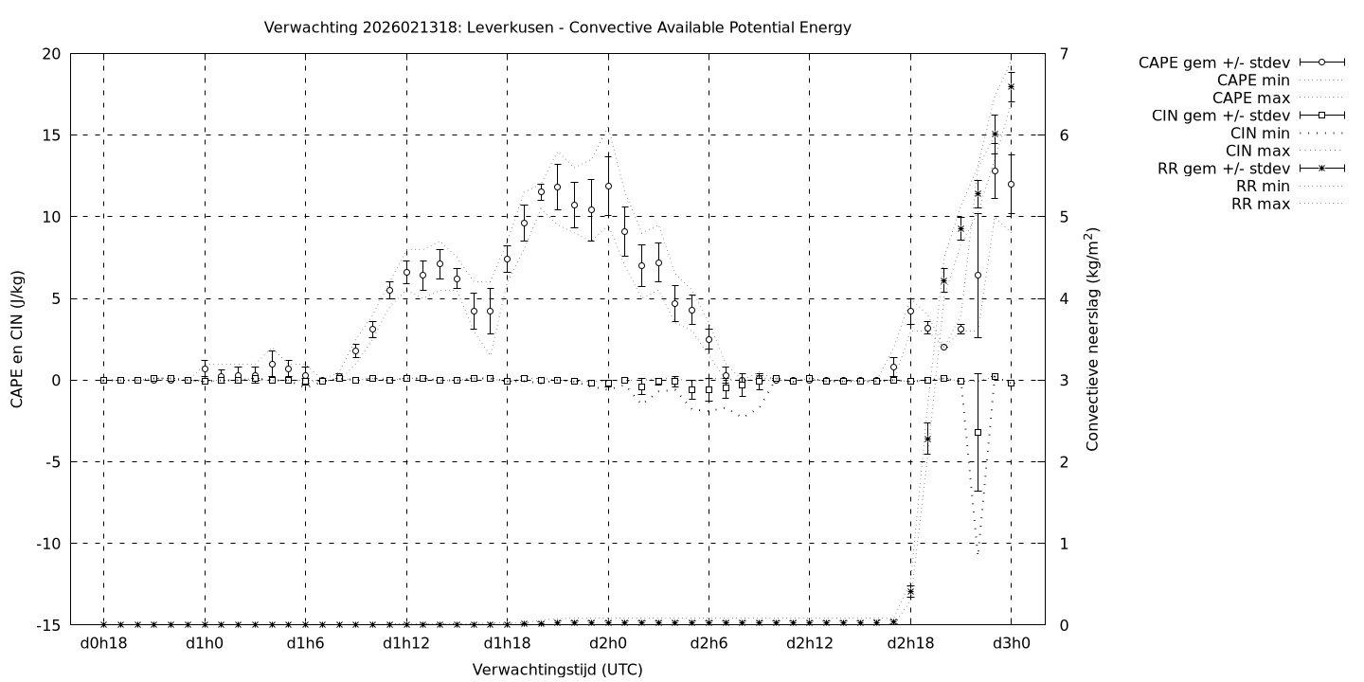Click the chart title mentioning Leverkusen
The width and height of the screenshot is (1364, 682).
coord(557,27)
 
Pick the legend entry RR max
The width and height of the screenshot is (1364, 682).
coord(1260,204)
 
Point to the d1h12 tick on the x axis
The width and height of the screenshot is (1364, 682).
coord(406,643)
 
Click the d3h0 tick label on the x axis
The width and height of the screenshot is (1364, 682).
coord(1011,643)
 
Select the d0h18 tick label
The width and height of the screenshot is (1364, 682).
coord(103,643)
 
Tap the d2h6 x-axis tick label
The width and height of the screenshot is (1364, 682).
coord(709,643)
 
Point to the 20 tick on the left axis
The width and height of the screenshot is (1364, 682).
coord(53,53)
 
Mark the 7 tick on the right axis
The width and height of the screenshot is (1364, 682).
coord(1065,53)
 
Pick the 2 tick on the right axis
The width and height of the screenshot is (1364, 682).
coord(1065,462)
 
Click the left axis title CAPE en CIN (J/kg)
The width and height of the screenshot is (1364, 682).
coord(17,339)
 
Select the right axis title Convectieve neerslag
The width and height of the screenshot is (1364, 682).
coord(1093,339)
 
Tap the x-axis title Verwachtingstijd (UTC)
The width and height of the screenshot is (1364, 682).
coord(557,670)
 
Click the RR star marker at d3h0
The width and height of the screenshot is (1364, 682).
coord(1011,86)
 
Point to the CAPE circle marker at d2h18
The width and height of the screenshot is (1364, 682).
coord(910,311)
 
